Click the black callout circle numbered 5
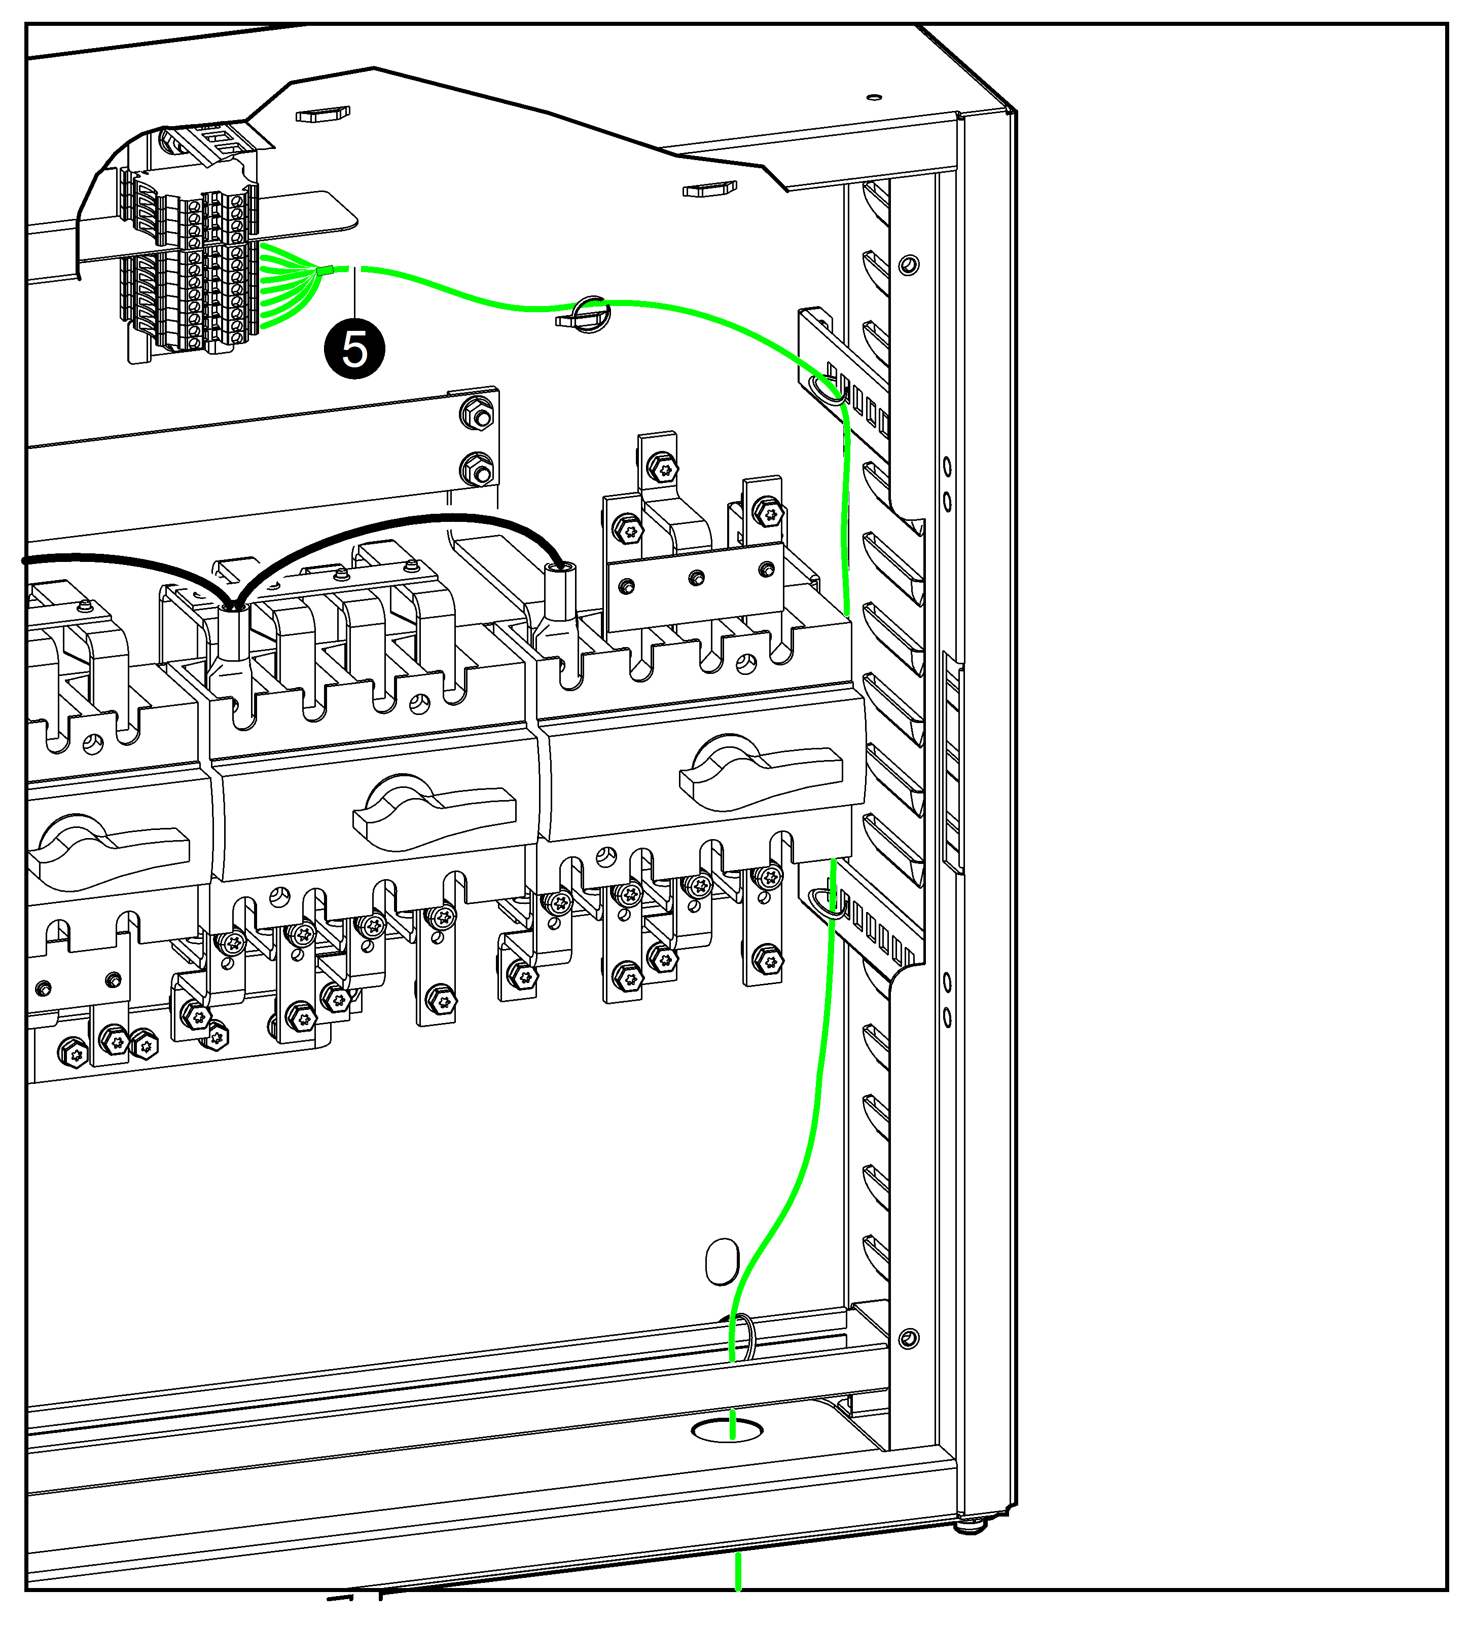pyautogui.click(x=354, y=349)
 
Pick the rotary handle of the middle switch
pyautogui.click(x=434, y=812)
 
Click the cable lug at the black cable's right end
pyautogui.click(x=557, y=613)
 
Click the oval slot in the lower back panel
pyautogui.click(x=722, y=1262)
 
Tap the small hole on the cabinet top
pyautogui.click(x=874, y=98)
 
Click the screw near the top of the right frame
pyautogui.click(x=909, y=264)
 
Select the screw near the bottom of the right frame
pyautogui.click(x=909, y=1339)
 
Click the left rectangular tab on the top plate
pyautogui.click(x=323, y=116)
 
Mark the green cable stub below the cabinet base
pyautogui.click(x=737, y=1572)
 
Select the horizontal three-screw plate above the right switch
pyautogui.click(x=695, y=586)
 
